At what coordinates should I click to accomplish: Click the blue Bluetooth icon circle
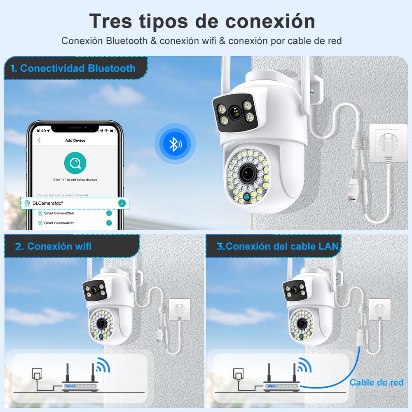(x=175, y=143)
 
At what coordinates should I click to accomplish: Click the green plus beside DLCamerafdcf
(x=122, y=203)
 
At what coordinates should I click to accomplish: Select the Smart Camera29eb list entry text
(x=59, y=213)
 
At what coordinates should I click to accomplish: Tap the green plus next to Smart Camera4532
(x=109, y=223)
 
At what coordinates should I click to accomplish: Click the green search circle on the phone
(x=75, y=163)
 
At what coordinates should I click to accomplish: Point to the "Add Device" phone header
(x=75, y=140)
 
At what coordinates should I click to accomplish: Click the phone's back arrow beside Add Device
(x=39, y=140)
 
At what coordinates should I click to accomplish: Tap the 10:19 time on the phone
(x=41, y=131)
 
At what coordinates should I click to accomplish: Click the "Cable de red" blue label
(x=377, y=383)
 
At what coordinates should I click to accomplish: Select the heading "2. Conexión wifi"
(x=53, y=246)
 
